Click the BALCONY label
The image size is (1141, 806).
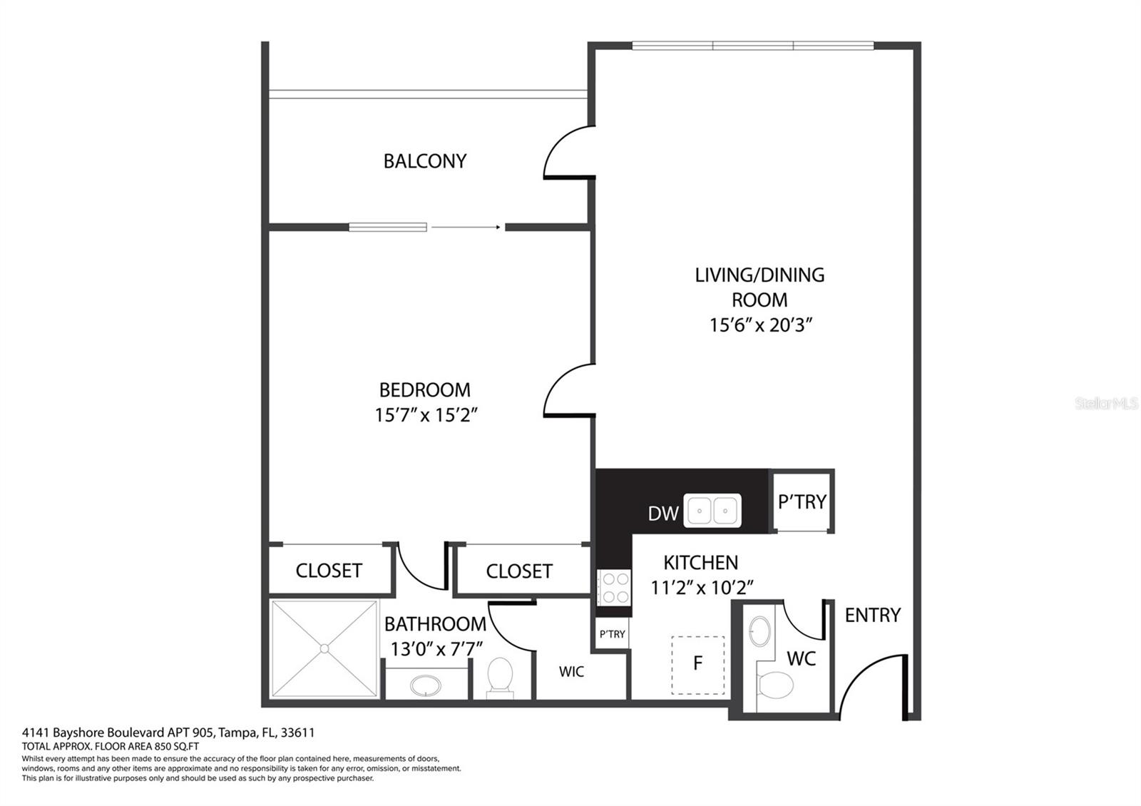coord(425,161)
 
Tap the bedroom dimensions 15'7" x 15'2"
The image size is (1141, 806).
coord(426,414)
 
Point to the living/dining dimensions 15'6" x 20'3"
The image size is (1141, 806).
coord(760,325)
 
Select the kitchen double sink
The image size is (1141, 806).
coord(712,511)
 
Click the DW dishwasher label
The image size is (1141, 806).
coord(663,514)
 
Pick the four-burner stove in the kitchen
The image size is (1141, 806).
coord(614,588)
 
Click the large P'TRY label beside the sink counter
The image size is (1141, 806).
coord(802,502)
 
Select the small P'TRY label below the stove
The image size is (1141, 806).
coord(612,634)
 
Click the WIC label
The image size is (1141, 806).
coord(571,671)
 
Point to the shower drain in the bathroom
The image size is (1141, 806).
coord(324,648)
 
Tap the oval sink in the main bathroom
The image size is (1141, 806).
coord(426,685)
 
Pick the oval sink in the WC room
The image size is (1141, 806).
coord(760,631)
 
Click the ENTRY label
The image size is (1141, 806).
coord(873,616)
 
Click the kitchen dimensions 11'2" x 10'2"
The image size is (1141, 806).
coord(702,588)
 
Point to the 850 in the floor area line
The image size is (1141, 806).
coord(160,746)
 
